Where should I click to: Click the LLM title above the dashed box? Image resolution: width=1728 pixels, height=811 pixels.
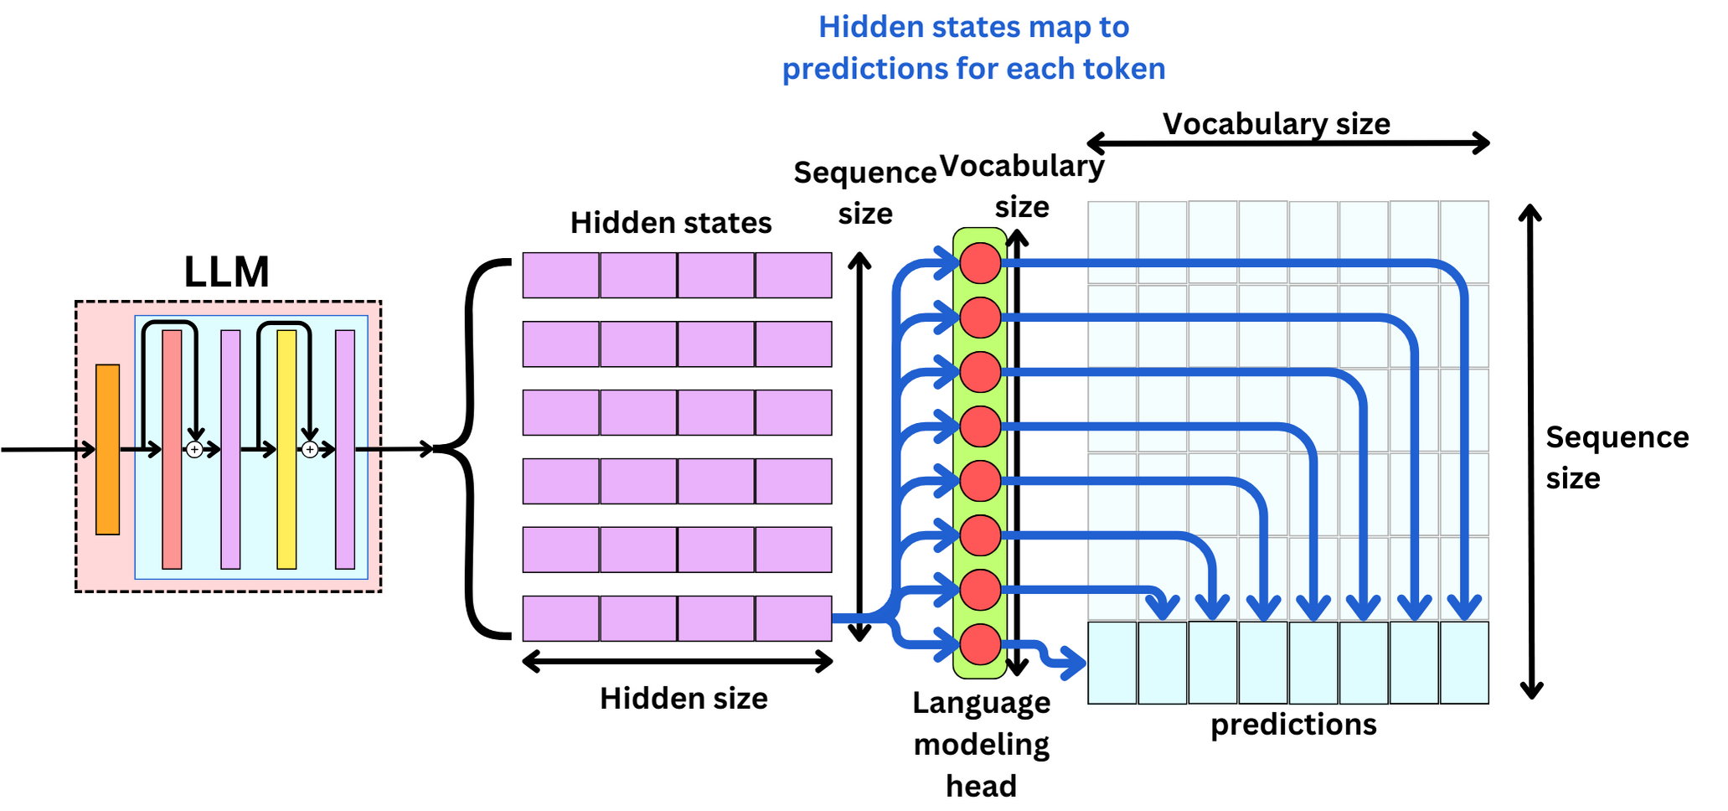click(x=226, y=271)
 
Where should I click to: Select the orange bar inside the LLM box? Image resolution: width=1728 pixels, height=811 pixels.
click(x=107, y=449)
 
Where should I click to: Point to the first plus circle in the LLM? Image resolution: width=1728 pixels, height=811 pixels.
click(x=194, y=450)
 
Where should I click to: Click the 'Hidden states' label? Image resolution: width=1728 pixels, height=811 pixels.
click(x=670, y=223)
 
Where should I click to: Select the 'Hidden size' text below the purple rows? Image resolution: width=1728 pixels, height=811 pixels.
click(x=683, y=698)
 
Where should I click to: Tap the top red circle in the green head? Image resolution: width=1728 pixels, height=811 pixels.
click(x=980, y=263)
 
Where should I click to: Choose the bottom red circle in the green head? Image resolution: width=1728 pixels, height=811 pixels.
click(x=980, y=644)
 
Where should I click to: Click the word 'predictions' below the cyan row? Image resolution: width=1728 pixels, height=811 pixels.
click(x=1293, y=724)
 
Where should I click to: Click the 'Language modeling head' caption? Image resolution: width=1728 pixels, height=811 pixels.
click(x=981, y=743)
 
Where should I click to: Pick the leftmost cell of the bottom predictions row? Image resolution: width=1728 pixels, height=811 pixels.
click(x=1112, y=663)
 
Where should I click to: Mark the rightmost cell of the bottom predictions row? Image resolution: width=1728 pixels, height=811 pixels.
click(x=1464, y=663)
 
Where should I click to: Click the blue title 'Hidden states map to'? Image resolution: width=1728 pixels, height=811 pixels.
click(x=973, y=27)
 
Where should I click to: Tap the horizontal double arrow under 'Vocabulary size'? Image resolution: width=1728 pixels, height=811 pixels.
click(x=1287, y=143)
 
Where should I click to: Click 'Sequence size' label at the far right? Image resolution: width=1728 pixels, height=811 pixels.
click(x=1616, y=457)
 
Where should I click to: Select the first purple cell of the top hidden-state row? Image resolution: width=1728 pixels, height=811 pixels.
click(x=560, y=275)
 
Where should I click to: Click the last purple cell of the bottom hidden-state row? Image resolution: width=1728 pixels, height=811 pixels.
click(x=793, y=618)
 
